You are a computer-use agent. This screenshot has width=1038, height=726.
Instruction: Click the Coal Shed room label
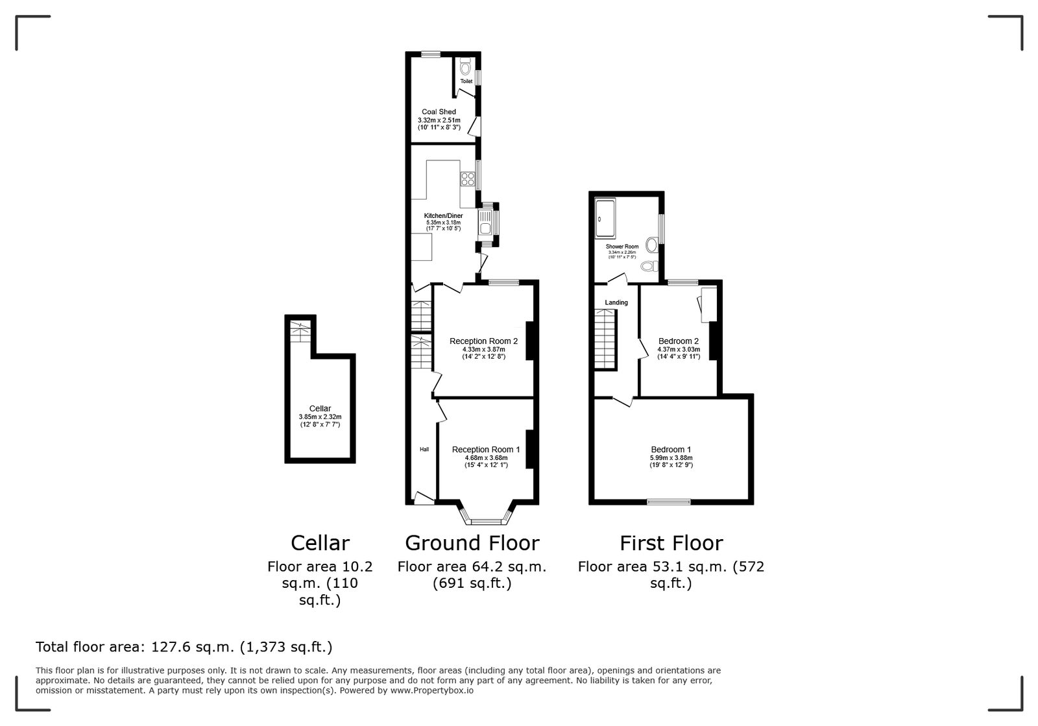[x=439, y=112]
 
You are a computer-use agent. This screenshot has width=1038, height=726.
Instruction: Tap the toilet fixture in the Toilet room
[x=465, y=67]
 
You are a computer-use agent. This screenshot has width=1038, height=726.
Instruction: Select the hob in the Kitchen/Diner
[x=468, y=179]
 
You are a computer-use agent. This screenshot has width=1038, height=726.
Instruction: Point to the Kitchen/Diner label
[x=444, y=215]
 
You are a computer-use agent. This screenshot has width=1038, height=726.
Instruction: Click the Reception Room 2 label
[x=483, y=341]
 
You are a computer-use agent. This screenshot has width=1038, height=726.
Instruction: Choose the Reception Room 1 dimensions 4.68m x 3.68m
[x=486, y=458]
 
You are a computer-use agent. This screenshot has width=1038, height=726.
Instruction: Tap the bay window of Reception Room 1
[x=486, y=513]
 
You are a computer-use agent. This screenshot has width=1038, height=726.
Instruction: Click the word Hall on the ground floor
[x=424, y=449]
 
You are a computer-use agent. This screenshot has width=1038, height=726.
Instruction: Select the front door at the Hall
[x=424, y=498]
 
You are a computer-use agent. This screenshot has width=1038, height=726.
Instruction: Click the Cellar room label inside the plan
[x=320, y=409]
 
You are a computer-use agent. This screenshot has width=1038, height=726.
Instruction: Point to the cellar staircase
[x=300, y=332]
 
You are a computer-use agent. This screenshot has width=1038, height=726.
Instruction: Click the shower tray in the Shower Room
[x=605, y=219]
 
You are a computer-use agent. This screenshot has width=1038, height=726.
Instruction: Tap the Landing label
[x=616, y=302]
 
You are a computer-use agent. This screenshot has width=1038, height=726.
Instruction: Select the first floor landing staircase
[x=606, y=339]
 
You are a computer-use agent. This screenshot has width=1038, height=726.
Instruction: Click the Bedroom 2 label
[x=679, y=341]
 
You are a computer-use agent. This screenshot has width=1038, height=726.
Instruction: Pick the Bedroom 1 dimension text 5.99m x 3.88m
[x=671, y=458]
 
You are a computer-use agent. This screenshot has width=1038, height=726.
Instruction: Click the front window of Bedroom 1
[x=669, y=502]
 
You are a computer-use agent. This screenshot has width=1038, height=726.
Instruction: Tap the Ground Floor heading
[x=472, y=543]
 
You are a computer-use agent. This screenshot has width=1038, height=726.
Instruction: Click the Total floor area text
[x=184, y=647]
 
